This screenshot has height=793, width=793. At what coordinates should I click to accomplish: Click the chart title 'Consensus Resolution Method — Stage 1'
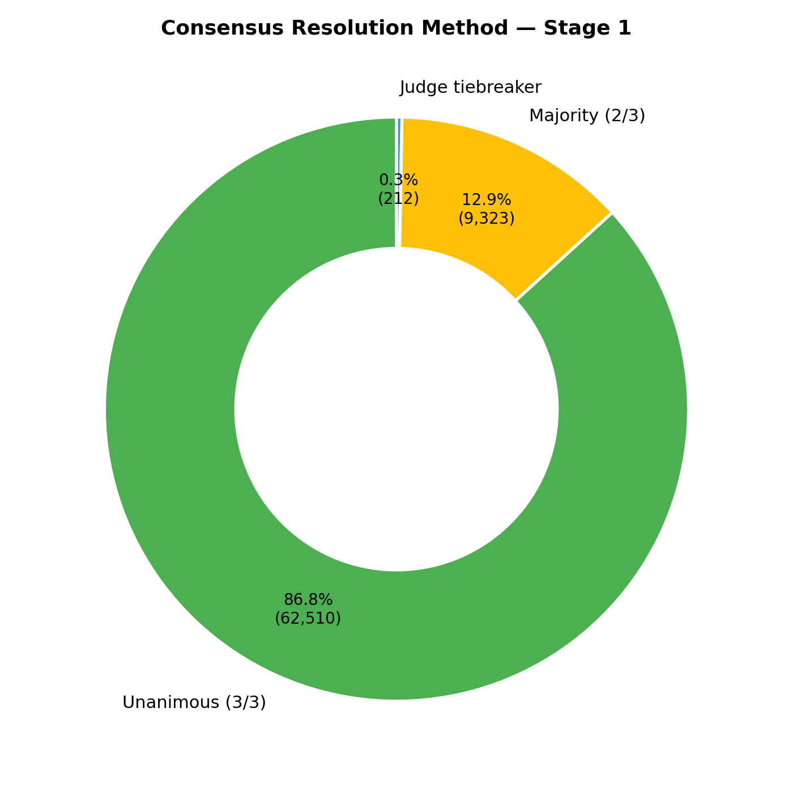(x=396, y=28)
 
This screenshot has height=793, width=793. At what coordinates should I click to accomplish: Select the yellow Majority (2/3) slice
(x=510, y=170)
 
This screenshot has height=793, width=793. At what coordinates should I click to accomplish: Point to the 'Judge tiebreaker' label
(x=470, y=88)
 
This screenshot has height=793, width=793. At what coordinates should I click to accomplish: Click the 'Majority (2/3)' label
(x=587, y=116)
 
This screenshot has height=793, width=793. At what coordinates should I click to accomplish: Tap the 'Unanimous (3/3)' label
(x=194, y=703)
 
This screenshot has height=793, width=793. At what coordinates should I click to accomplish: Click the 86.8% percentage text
(x=308, y=600)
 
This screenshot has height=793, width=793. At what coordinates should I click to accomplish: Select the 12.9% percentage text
(x=487, y=200)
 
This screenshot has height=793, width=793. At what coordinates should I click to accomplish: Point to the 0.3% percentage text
(x=398, y=180)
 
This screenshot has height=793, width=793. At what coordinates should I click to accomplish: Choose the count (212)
(x=398, y=199)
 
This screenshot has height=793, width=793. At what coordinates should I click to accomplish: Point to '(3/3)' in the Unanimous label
(x=245, y=703)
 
